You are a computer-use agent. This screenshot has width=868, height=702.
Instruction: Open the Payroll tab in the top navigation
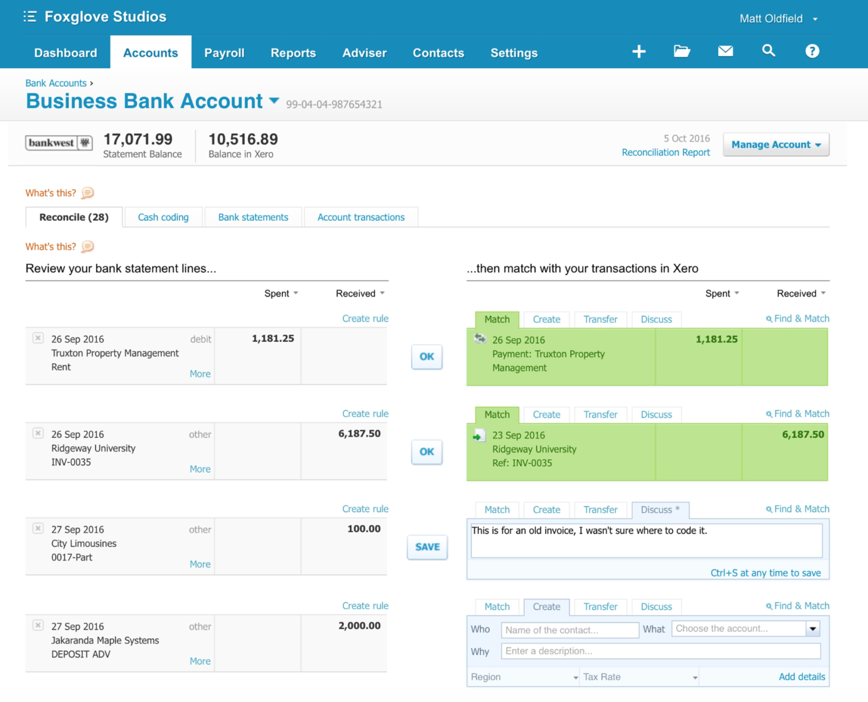click(224, 53)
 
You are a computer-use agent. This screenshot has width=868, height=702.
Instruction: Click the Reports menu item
click(293, 53)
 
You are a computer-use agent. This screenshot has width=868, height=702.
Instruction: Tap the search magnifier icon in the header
click(768, 51)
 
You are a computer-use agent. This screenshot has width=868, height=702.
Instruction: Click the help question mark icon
click(812, 51)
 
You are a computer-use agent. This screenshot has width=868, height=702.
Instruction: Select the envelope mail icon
click(725, 51)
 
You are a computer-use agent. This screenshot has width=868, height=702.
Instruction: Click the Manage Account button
click(775, 145)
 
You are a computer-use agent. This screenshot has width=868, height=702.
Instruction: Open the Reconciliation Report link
click(665, 152)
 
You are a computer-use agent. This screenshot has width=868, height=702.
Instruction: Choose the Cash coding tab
click(163, 217)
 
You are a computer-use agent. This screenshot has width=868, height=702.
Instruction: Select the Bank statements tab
click(253, 217)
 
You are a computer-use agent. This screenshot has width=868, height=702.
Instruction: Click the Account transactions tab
click(361, 217)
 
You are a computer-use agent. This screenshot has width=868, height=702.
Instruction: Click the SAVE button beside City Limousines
click(427, 547)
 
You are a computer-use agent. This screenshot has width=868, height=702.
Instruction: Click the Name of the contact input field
click(569, 630)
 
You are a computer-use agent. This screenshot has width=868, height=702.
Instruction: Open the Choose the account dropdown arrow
click(813, 628)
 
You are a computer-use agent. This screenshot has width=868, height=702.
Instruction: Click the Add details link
click(801, 677)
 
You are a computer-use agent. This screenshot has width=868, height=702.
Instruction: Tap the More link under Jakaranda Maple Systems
click(200, 661)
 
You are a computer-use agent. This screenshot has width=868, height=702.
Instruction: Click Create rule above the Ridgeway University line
click(365, 414)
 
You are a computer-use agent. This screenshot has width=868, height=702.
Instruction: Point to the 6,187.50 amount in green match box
click(803, 434)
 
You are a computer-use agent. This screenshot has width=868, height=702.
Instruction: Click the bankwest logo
click(58, 142)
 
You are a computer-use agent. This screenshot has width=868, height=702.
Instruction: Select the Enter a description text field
click(660, 651)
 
